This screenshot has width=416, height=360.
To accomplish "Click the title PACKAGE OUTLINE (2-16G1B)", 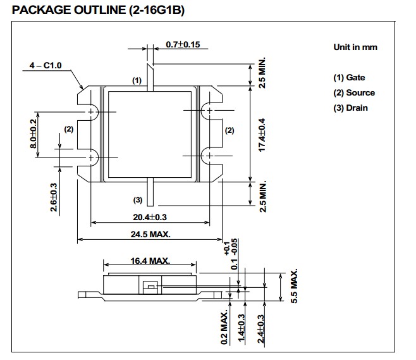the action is point(98,10).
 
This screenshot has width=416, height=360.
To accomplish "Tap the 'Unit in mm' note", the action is point(355,47).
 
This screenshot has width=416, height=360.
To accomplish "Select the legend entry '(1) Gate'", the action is point(349,78).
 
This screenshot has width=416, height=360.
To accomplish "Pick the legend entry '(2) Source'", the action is point(354,93).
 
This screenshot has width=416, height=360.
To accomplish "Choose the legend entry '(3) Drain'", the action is point(350,108).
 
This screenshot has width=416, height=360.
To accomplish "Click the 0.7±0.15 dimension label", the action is point(183,44).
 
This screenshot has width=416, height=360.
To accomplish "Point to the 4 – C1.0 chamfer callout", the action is point(46,65).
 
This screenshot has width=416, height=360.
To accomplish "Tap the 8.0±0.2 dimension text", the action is point(34,133).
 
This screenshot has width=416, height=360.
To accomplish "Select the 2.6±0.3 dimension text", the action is point(54,197).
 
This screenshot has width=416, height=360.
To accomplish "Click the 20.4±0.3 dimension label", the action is point(150,217).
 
